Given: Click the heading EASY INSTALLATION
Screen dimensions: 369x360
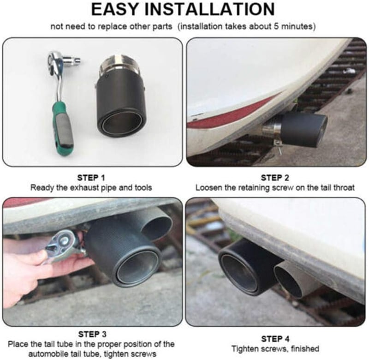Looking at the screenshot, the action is (183, 9).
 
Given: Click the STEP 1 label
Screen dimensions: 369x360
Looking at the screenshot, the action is (91, 178).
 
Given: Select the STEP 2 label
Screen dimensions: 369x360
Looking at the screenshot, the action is (275, 178).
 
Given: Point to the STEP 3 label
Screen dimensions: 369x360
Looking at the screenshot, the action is (92, 334).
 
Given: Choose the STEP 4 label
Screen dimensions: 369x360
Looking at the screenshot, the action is (275, 339).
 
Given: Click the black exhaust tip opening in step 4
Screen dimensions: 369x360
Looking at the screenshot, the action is (238, 269).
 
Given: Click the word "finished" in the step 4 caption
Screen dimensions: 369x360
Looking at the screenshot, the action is (305, 349).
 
